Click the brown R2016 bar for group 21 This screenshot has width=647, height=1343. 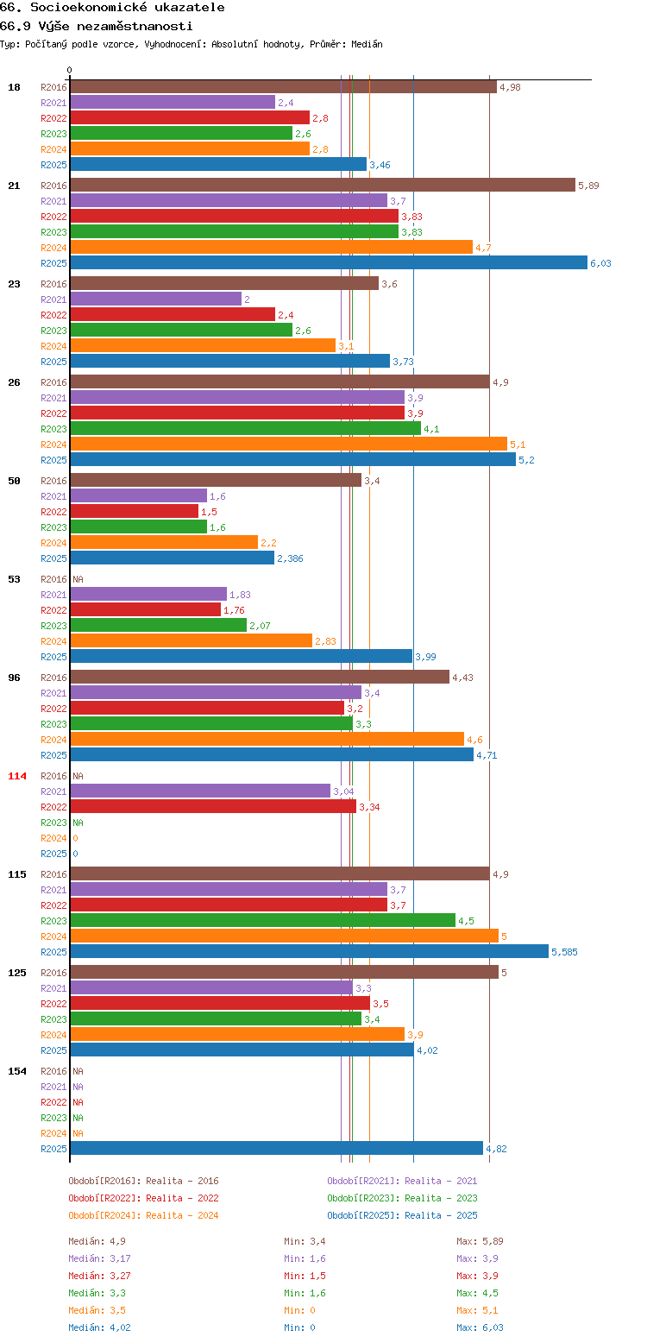pyautogui.click(x=323, y=186)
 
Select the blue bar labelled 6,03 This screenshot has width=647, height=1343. pyautogui.click(x=329, y=262)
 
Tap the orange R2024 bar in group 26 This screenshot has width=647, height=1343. pyautogui.click(x=289, y=444)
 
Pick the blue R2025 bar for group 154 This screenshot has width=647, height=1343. pyautogui.click(x=277, y=1148)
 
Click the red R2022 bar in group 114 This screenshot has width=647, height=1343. pyautogui.click(x=213, y=806)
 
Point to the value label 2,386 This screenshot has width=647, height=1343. pyautogui.click(x=290, y=558)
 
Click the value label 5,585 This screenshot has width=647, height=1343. pyautogui.click(x=564, y=951)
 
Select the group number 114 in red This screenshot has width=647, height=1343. pyautogui.click(x=16, y=776)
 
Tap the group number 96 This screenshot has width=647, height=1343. pyautogui.click(x=14, y=678)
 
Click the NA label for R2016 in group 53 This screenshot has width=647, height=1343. pyautogui.click(x=78, y=579)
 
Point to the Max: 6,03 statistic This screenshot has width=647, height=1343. pyautogui.click(x=480, y=1327)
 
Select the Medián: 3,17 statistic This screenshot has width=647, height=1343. pyautogui.click(x=99, y=1258)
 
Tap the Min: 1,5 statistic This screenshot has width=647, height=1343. pyautogui.click(x=305, y=1276)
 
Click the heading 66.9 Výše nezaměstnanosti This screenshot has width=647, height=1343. pyautogui.click(x=97, y=26)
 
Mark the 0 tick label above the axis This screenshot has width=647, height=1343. pyautogui.click(x=70, y=70)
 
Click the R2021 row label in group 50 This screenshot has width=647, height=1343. pyautogui.click(x=53, y=496)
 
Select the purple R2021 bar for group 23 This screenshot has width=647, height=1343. pyautogui.click(x=156, y=299)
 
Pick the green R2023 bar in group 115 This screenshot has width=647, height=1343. pyautogui.click(x=263, y=920)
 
